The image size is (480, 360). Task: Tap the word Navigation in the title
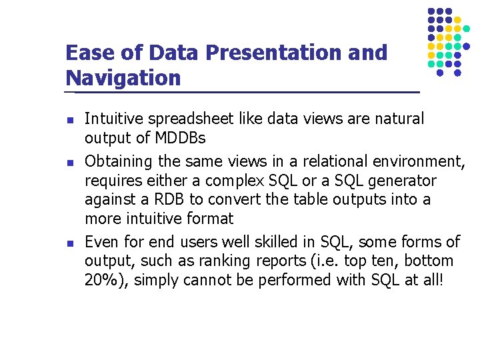pyautogui.click(x=123, y=78)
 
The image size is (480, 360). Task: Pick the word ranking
pyautogui.click(x=235, y=261)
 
